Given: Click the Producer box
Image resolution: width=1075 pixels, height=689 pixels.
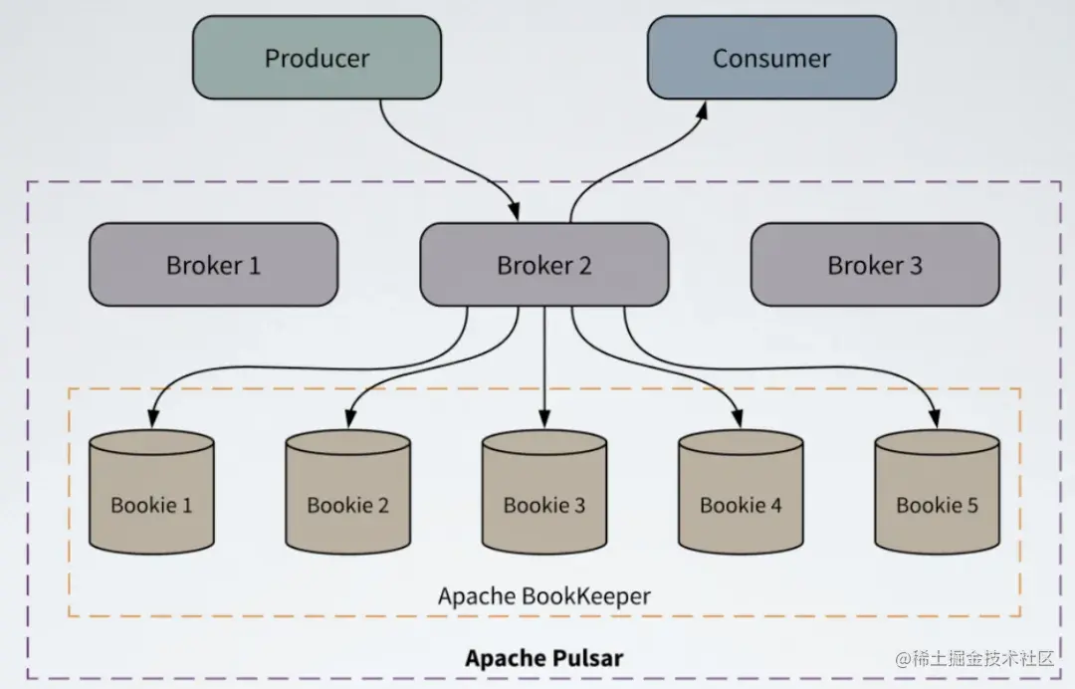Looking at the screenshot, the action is pos(317,58).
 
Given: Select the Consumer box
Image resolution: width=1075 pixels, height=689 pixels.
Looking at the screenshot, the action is pos(772,58).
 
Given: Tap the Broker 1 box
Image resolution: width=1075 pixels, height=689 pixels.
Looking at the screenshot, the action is pos(213,265).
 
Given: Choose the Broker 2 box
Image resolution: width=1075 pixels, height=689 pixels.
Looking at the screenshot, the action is pos(544,265).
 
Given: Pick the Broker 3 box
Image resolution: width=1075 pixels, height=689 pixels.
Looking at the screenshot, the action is pos(876,265).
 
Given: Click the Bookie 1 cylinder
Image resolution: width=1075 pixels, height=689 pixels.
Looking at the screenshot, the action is pos(152,492).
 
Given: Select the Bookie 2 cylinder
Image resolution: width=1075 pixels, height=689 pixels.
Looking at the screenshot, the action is pos(348,492).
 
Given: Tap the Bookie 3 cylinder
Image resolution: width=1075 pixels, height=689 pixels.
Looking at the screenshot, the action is pos(544,492).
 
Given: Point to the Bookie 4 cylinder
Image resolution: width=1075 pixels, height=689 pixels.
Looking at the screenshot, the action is pos(742,492).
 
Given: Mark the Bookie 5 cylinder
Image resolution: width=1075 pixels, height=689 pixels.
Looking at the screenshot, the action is pos(938,492).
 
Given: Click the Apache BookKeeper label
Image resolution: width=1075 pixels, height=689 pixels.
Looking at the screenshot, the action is pos(544,595).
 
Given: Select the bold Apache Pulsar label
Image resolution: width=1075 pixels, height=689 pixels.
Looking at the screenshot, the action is pos(544,658).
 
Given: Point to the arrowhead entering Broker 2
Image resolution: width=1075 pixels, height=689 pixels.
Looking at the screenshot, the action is pos(515,212).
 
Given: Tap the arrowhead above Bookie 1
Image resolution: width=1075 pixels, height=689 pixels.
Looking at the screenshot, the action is pos(153,419).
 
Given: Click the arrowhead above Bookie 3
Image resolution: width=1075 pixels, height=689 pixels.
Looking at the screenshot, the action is pos(544,419).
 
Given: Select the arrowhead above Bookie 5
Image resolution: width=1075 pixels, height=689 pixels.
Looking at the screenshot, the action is pos(935,419).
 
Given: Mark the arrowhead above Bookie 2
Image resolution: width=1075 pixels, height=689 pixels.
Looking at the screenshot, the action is pos(349,419).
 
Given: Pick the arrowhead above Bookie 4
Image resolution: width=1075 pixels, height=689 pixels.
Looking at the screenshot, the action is pos(739,419).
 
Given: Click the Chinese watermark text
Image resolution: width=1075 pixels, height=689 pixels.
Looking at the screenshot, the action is pos(974,659).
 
